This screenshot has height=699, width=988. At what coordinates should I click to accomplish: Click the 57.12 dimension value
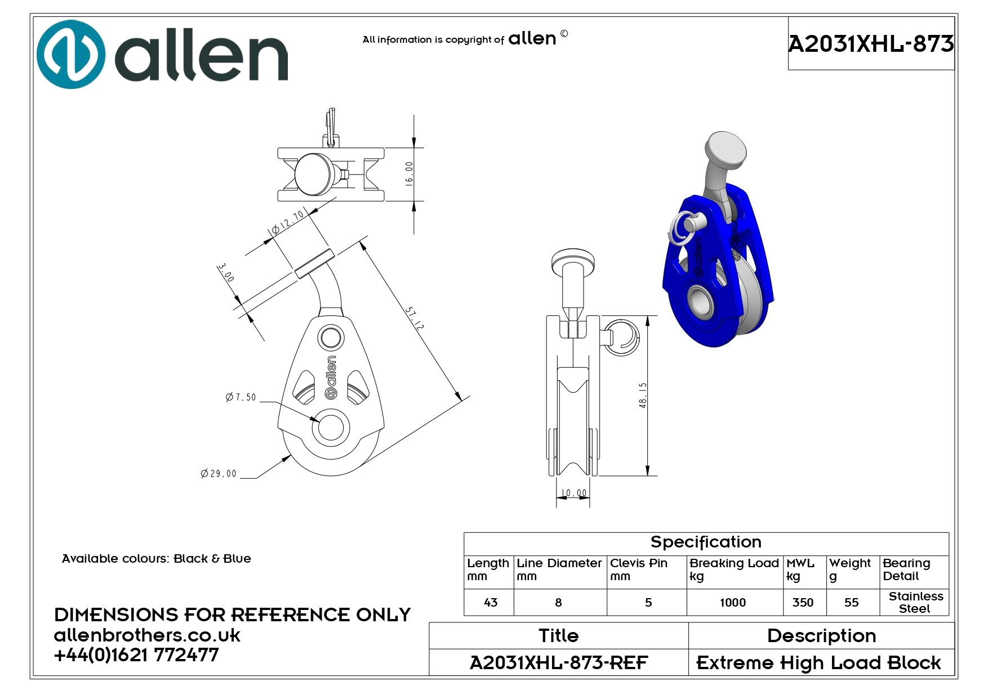pyautogui.click(x=415, y=318)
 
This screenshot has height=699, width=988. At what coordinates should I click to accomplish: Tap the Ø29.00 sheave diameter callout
pyautogui.click(x=219, y=474)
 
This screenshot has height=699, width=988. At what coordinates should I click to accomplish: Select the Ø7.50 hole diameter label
pyautogui.click(x=241, y=397)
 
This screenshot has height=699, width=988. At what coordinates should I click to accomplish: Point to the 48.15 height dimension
pyautogui.click(x=643, y=395)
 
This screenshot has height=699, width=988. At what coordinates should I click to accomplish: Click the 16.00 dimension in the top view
pyautogui.click(x=409, y=173)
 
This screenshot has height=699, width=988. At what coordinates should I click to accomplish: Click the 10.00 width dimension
pyautogui.click(x=573, y=493)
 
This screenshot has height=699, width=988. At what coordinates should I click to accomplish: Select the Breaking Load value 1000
pyautogui.click(x=733, y=603)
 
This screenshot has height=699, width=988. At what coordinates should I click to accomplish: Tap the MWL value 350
pyautogui.click(x=803, y=603)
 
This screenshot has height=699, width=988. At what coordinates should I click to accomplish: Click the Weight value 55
pyautogui.click(x=852, y=603)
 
